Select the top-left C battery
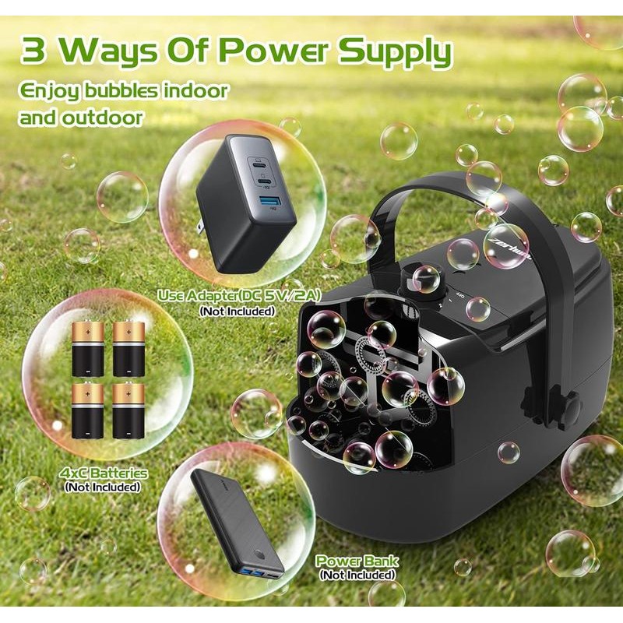pos(87,348)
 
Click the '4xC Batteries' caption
pos(104,473)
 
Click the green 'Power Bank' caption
pos(357,561)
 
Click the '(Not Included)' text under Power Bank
pos(357,575)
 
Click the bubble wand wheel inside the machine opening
pos(374,354)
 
